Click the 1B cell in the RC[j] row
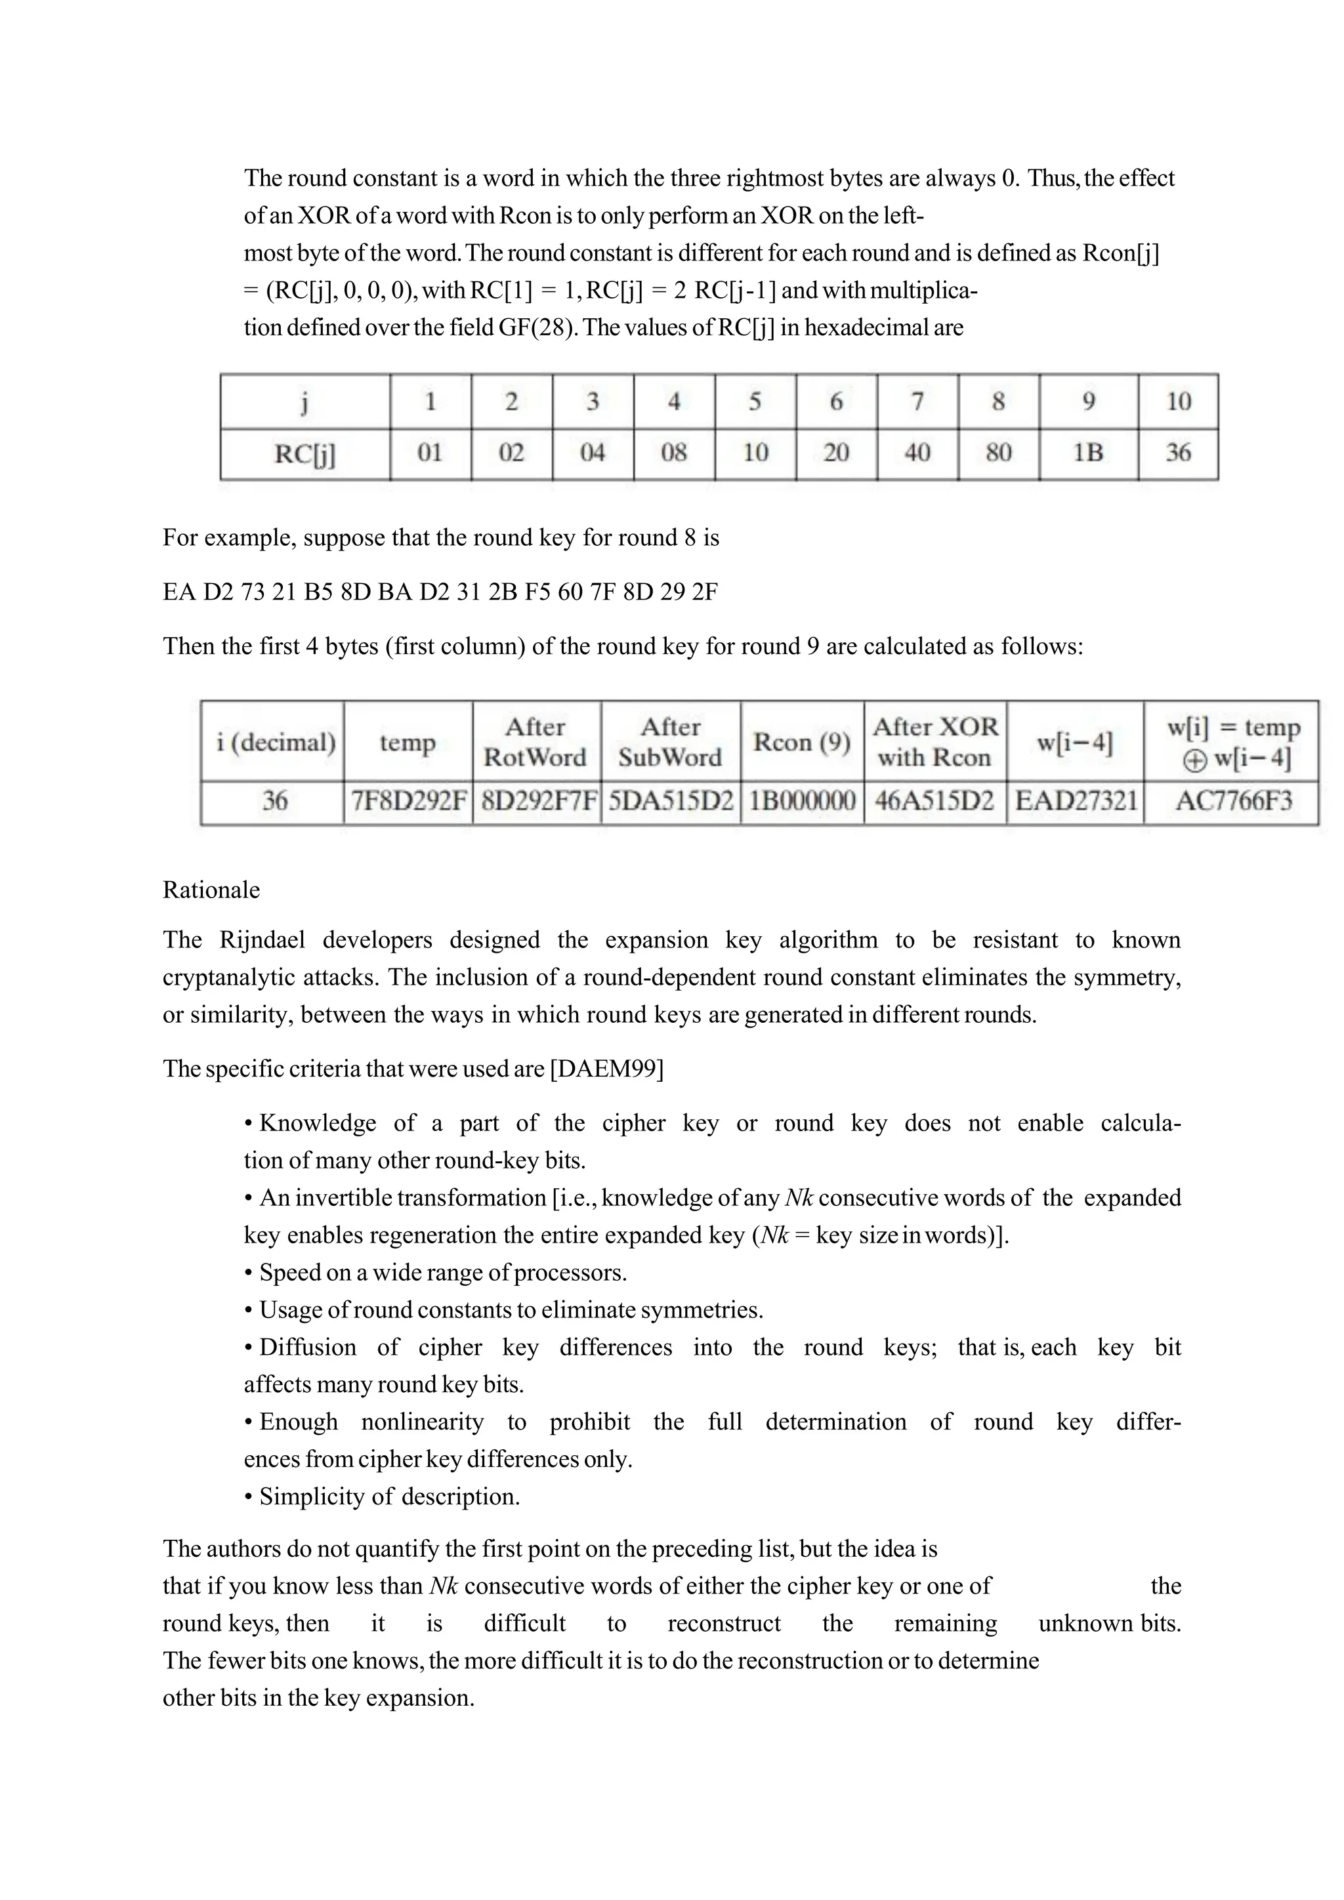coord(1087,453)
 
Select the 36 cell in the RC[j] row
coord(1178,453)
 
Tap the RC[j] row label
coord(304,453)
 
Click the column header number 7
coord(917,402)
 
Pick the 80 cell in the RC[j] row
coord(998,453)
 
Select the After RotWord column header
coord(535,741)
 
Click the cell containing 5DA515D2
coord(670,801)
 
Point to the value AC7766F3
coord(1233,801)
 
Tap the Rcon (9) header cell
coord(801,741)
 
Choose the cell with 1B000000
coord(801,801)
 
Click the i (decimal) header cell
coord(276,741)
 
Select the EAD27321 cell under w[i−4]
coord(1076,801)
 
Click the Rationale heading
coord(211,890)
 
